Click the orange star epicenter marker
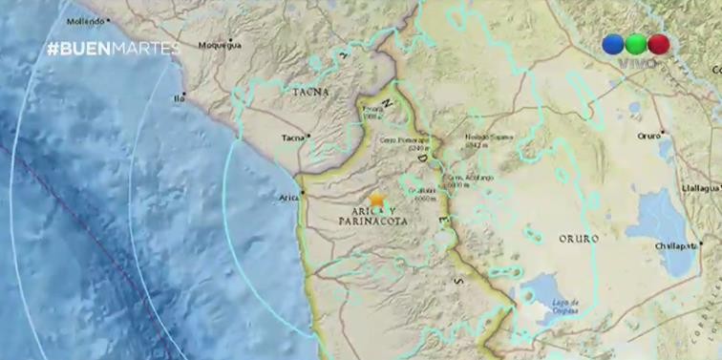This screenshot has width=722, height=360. [x=376, y=200]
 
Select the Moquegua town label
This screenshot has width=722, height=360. [x=221, y=44]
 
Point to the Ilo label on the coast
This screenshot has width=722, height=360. [x=178, y=97]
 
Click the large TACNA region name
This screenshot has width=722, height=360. [x=310, y=92]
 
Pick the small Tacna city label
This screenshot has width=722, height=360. [x=292, y=138]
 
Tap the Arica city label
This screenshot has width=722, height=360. [x=287, y=198]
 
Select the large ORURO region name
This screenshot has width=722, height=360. [x=579, y=239]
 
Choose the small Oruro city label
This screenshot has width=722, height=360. [x=648, y=136]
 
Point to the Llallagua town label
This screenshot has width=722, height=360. [x=701, y=188]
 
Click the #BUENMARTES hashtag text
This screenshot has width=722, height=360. [x=113, y=49]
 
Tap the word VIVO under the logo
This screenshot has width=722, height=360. [x=636, y=64]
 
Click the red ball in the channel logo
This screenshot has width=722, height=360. [x=658, y=45]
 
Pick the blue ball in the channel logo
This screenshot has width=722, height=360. [x=613, y=45]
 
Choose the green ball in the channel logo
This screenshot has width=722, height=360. [x=636, y=45]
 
